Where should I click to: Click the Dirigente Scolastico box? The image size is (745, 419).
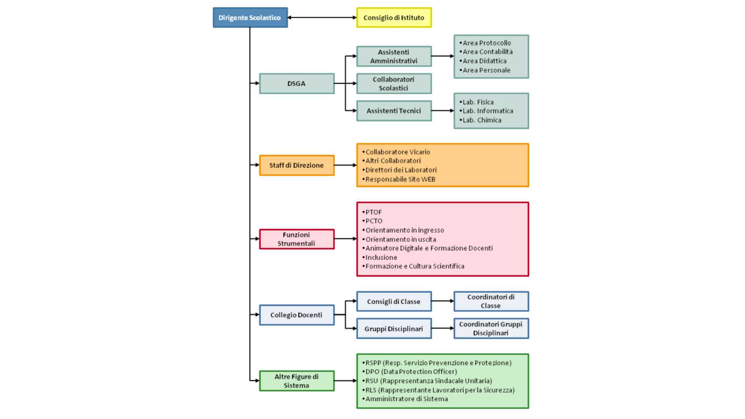[x=250, y=17]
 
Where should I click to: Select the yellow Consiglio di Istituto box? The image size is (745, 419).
[x=394, y=17]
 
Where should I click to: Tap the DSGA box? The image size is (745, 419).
[x=296, y=83]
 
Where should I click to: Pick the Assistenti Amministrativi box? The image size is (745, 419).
[x=394, y=56]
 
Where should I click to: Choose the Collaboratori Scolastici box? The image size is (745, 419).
[x=394, y=83]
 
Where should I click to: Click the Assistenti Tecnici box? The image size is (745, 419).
[x=394, y=111]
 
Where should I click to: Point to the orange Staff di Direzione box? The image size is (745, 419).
[x=296, y=165]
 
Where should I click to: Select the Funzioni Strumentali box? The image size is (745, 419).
[x=296, y=239]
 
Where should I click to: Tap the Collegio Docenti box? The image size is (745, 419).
[x=296, y=315]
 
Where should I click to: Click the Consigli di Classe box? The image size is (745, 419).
[x=394, y=301]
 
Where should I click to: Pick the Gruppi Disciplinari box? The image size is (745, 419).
[x=394, y=329]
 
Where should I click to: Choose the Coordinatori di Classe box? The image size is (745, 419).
[x=491, y=301]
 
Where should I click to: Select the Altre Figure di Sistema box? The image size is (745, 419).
[x=296, y=381]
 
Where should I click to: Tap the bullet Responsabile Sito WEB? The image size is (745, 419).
[x=399, y=179]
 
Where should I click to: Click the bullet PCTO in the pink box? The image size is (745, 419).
[x=372, y=221]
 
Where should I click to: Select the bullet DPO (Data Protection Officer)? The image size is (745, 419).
[x=410, y=371]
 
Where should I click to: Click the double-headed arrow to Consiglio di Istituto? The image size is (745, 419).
[x=322, y=17]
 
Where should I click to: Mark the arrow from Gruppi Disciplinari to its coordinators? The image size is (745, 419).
[x=443, y=328]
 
